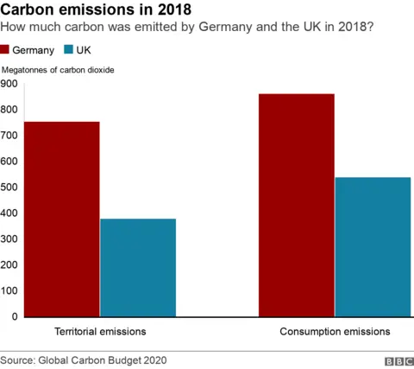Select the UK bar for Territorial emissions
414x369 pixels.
coord(137,267)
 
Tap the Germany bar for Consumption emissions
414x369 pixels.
coord(296,205)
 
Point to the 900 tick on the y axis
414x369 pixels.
coord(9,84)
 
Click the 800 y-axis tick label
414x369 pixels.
coord(9,110)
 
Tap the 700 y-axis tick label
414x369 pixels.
coord(9,136)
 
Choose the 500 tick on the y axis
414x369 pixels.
coord(9,188)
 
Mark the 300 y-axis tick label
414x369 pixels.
coord(9,239)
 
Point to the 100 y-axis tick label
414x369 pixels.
coord(9,291)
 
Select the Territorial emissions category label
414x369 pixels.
coord(99,332)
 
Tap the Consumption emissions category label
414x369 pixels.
coord(334,332)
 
